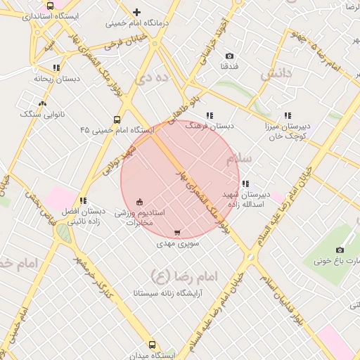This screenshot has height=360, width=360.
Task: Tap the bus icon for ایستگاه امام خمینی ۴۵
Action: (x=117, y=119)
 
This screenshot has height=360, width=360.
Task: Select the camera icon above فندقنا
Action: (x=229, y=56)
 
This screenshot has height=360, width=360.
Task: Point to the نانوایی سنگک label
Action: (x=42, y=113)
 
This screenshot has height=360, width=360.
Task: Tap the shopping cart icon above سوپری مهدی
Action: (x=176, y=233)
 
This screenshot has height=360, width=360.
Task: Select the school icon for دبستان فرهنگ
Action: (x=210, y=115)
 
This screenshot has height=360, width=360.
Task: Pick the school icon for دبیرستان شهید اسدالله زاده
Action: (x=244, y=184)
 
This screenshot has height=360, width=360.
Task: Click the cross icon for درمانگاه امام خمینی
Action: (x=136, y=12)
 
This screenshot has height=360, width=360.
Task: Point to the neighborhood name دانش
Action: (x=276, y=73)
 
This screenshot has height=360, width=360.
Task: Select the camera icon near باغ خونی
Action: (x=340, y=250)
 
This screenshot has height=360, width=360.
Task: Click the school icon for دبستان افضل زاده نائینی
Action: (x=83, y=201)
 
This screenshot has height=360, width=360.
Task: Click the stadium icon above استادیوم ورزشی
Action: (x=139, y=201)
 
